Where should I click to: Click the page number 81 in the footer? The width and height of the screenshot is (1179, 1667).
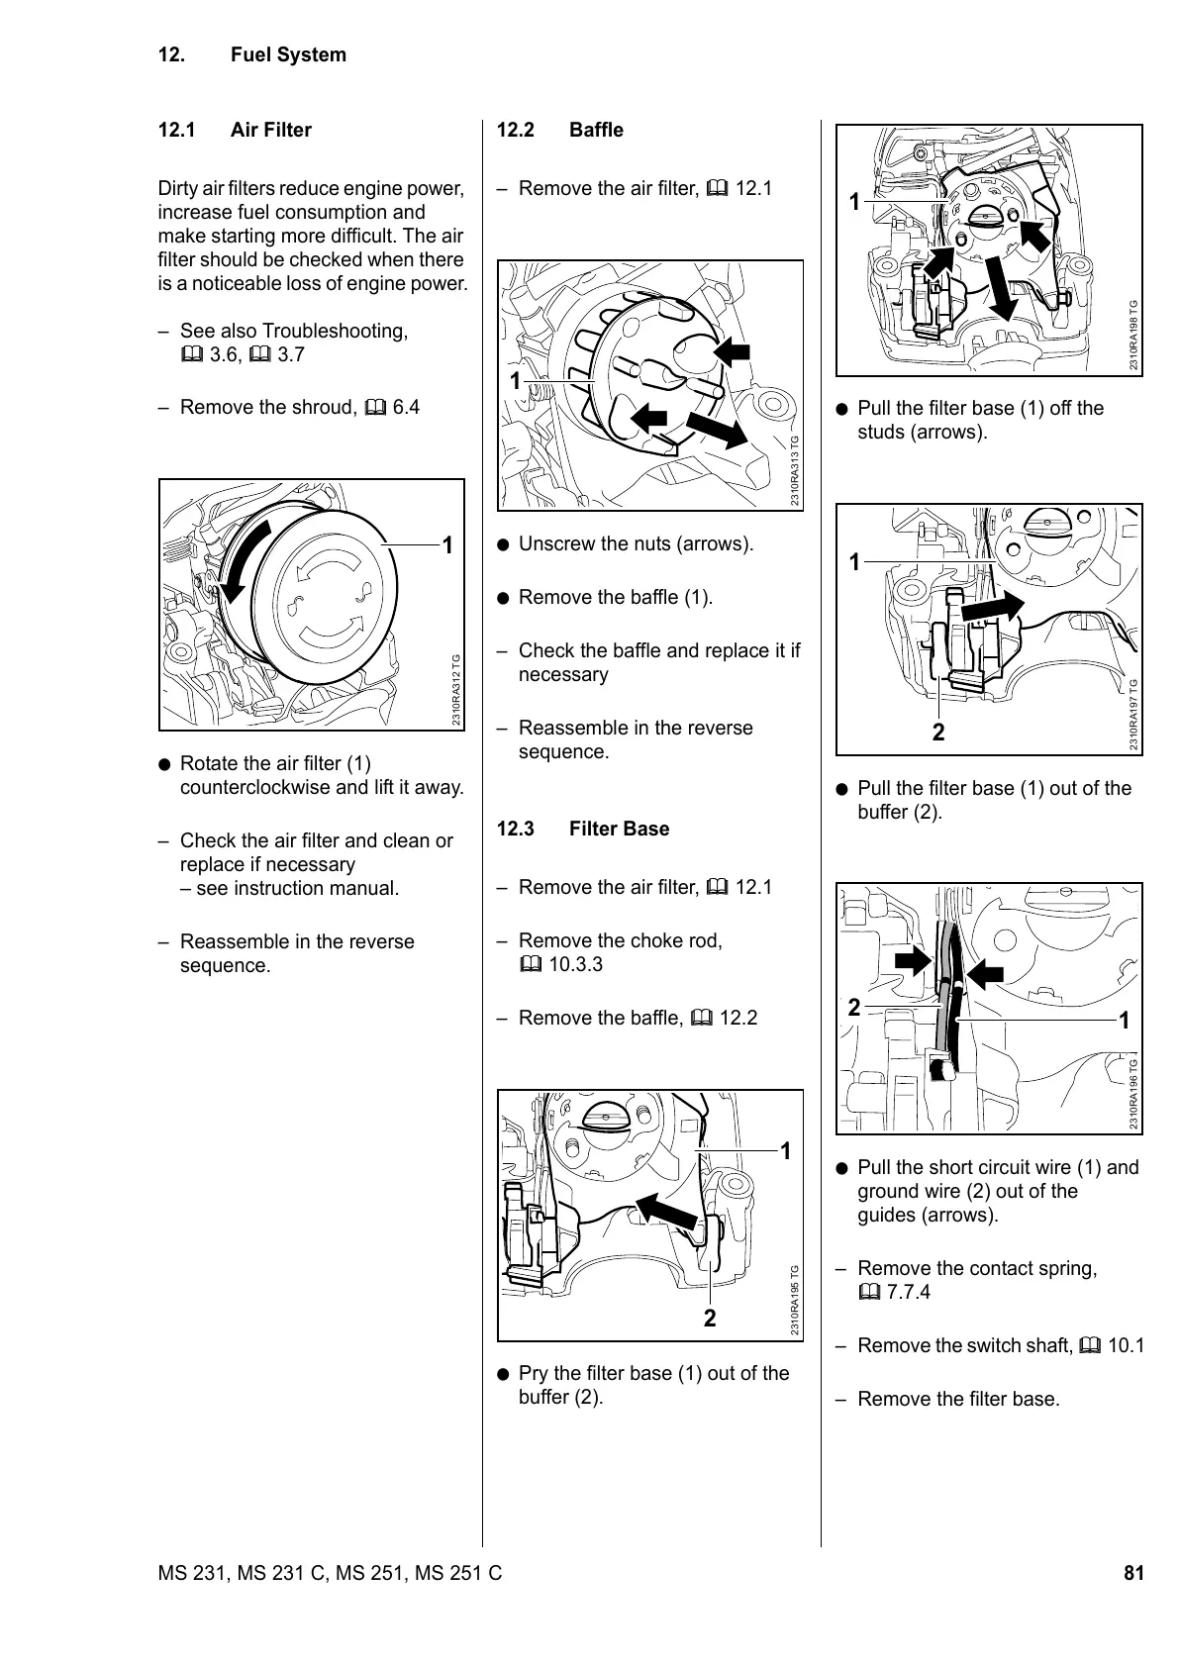(x=1133, y=1573)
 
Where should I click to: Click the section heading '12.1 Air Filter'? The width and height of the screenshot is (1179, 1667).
(x=235, y=130)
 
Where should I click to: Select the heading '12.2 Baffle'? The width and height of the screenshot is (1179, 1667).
(x=559, y=130)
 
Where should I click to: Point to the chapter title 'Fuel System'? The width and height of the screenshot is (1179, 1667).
(x=288, y=54)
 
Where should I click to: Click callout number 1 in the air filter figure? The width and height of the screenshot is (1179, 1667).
(x=447, y=545)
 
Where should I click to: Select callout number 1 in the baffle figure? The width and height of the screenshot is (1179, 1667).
(x=515, y=381)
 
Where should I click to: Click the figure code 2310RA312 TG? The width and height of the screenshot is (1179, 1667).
(x=456, y=690)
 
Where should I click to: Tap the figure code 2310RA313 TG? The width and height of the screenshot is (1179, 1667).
(x=795, y=471)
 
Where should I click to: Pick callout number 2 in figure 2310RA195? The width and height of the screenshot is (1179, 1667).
(x=710, y=1318)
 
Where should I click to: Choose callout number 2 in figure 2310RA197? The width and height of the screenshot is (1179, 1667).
(x=937, y=733)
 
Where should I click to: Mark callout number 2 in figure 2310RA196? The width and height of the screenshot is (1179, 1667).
(x=853, y=1009)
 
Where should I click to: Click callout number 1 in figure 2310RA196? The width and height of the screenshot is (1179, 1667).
(x=1124, y=1020)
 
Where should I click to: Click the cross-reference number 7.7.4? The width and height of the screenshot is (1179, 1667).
(x=909, y=1292)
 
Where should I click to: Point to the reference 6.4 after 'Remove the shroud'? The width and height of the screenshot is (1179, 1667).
(x=406, y=407)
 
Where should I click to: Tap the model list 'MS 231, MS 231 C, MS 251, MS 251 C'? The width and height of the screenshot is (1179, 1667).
(x=330, y=1573)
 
